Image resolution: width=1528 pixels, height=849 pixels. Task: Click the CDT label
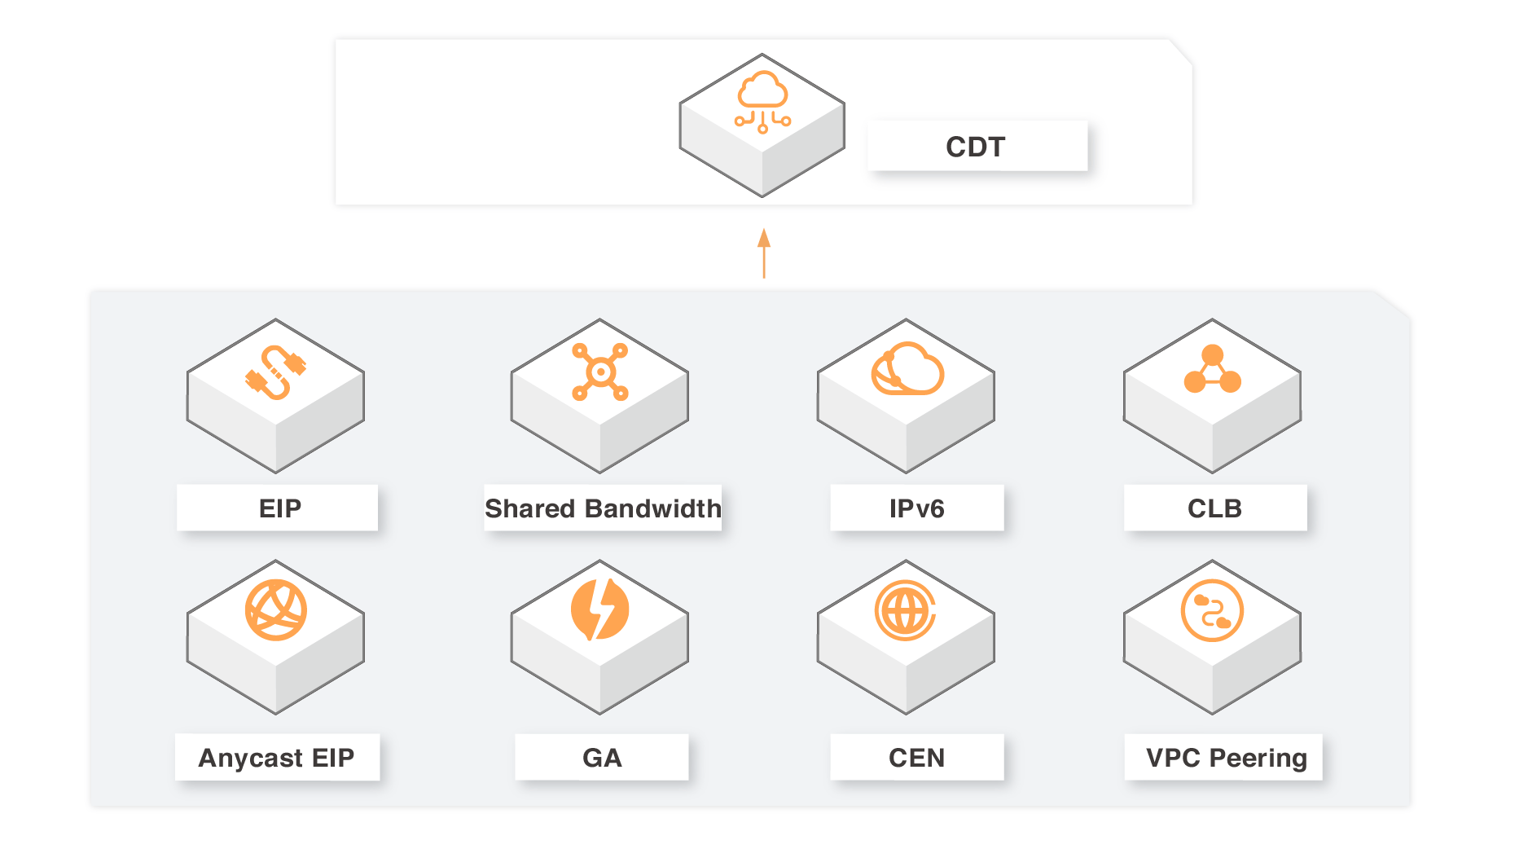point(975,147)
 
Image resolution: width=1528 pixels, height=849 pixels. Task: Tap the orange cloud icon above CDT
point(762,101)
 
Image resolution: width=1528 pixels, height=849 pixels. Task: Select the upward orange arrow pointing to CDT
point(763,253)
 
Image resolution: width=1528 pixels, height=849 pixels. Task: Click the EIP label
point(279,508)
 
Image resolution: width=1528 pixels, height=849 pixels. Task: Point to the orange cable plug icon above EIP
point(276,372)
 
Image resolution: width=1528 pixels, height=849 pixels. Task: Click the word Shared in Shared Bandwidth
point(524,508)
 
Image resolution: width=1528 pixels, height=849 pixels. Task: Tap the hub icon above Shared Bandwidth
point(600,372)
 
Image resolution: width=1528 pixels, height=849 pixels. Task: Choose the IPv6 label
point(916,508)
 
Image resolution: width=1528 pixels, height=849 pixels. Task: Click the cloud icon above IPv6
point(907,370)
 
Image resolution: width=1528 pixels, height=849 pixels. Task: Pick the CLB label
point(1214,508)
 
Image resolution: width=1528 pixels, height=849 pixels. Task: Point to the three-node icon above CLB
point(1212,370)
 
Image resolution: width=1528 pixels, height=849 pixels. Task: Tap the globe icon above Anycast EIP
point(276,610)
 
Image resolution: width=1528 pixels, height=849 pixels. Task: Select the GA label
point(602,758)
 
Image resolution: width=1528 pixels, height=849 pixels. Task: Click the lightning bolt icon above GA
point(600,609)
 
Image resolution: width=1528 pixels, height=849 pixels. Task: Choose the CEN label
point(916,758)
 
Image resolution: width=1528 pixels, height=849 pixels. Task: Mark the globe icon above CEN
point(905,610)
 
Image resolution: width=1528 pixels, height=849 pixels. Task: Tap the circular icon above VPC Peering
point(1212,610)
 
